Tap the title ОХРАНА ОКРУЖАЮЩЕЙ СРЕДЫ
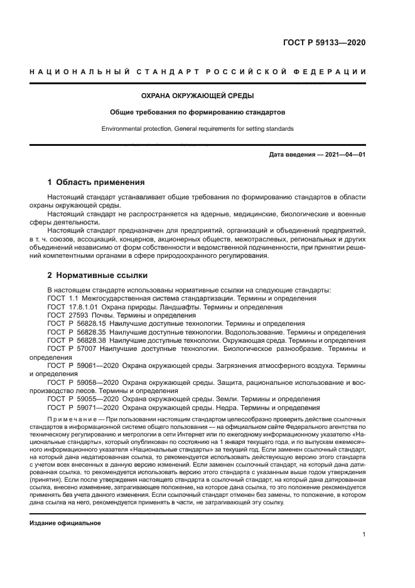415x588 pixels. [x=198, y=96]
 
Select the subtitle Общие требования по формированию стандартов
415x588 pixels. [x=198, y=113]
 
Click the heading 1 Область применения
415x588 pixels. [x=96, y=182]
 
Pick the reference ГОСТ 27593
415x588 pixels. [x=65, y=314]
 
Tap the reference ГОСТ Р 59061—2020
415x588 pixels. [x=83, y=365]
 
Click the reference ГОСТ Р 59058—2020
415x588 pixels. [x=83, y=382]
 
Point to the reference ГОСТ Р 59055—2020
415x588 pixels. [x=83, y=399]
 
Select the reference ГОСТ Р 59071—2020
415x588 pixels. [x=83, y=407]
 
